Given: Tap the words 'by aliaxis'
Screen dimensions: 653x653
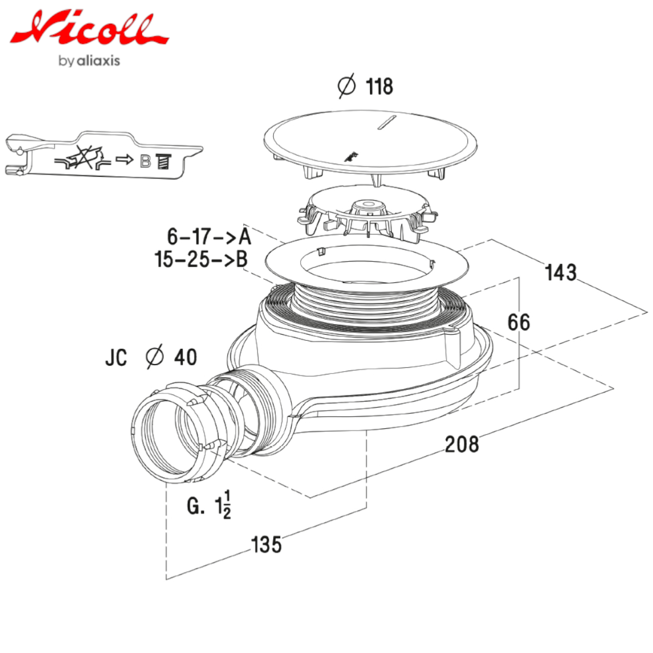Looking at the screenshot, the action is pos(89,61).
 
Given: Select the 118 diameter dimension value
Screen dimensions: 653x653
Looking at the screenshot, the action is pos(379,87).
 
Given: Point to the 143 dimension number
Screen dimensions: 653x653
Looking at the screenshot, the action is pos(561,272).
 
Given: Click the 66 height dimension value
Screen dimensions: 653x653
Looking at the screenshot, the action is pos(519,322).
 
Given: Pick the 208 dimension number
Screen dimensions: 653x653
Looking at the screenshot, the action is pos(462,444).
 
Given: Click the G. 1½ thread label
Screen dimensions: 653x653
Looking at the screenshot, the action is pos(209,506).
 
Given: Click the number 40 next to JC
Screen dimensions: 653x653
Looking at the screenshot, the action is pos(186,357).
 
